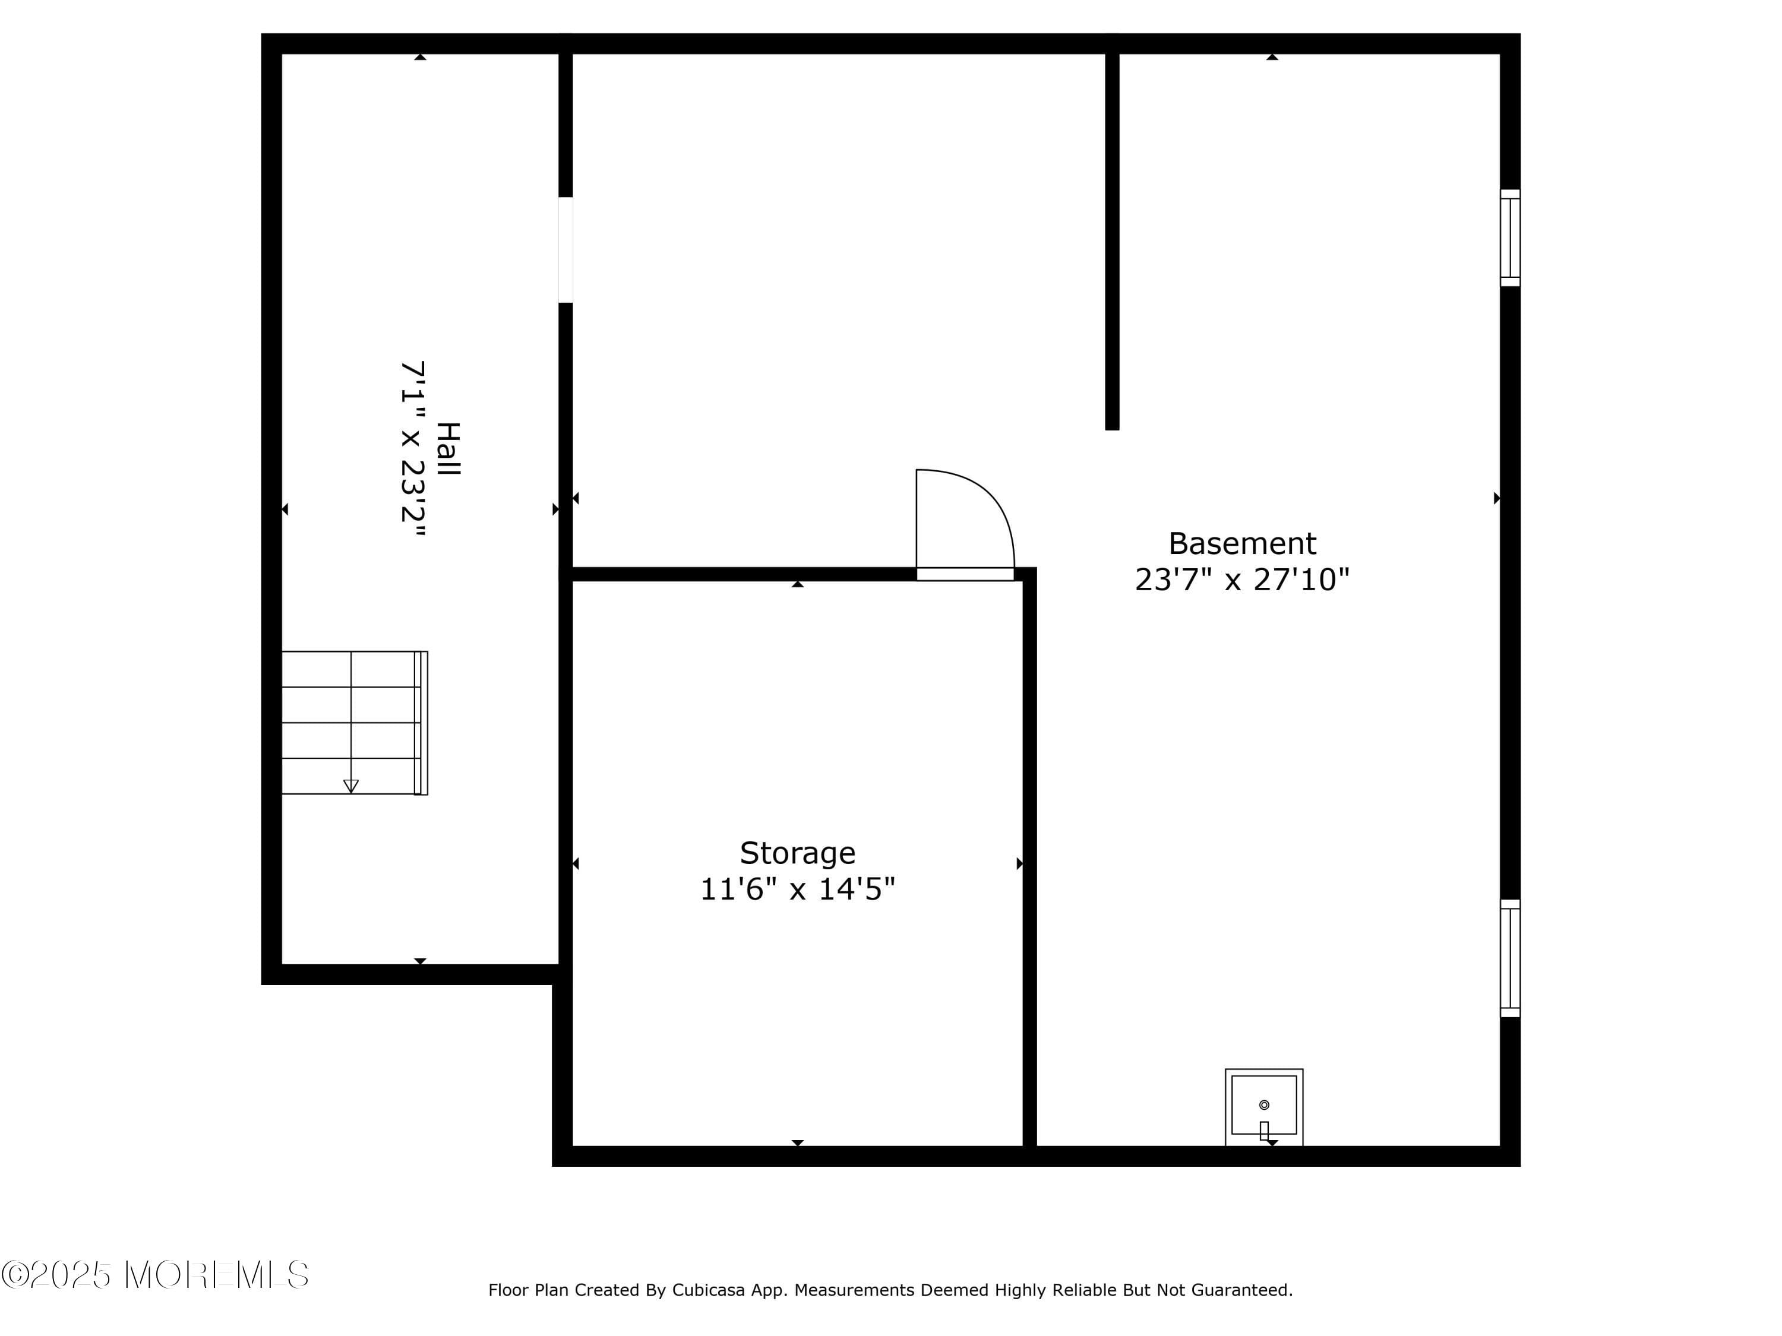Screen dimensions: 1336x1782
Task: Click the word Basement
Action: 1241,543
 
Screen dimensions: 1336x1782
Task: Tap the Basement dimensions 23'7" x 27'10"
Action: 1241,580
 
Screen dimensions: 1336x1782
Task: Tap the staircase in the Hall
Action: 350,723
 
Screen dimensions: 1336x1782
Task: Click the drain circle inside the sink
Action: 1264,1105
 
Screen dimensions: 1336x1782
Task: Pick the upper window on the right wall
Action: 1510,238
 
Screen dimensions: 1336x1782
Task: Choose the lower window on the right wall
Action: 1510,958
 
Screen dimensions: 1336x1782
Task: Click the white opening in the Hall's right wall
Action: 565,249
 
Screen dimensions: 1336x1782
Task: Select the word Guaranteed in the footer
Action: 1241,1290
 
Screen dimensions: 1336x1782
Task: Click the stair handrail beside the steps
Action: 421,723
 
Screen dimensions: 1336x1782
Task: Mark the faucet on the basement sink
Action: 1264,1131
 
